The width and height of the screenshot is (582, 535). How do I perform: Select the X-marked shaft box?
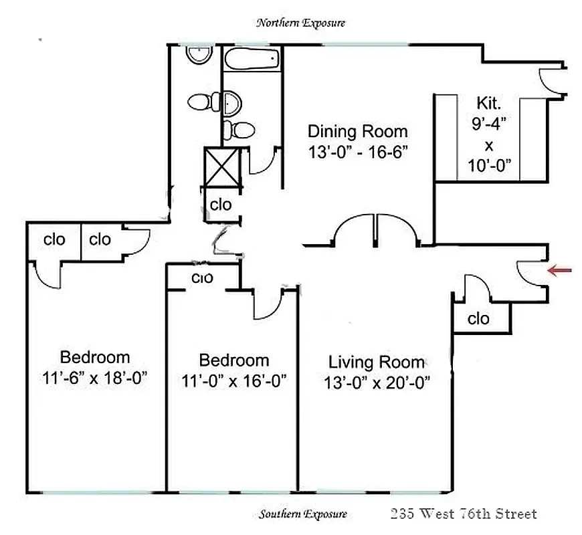coord(221,167)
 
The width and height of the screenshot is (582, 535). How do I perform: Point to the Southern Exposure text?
coord(303,514)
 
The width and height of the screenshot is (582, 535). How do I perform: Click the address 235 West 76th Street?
coord(463,514)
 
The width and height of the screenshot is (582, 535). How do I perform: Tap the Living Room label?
coord(376,362)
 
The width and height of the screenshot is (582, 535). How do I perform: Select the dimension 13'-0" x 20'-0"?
coord(376,383)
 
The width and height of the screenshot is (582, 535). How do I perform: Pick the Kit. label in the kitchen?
coord(489,103)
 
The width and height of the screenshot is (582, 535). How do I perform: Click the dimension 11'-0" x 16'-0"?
coord(234,381)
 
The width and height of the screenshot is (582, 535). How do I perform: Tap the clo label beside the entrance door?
coord(478,318)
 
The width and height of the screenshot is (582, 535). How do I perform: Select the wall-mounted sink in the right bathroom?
coord(232,104)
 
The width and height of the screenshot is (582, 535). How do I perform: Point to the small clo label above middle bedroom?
coord(202,278)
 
